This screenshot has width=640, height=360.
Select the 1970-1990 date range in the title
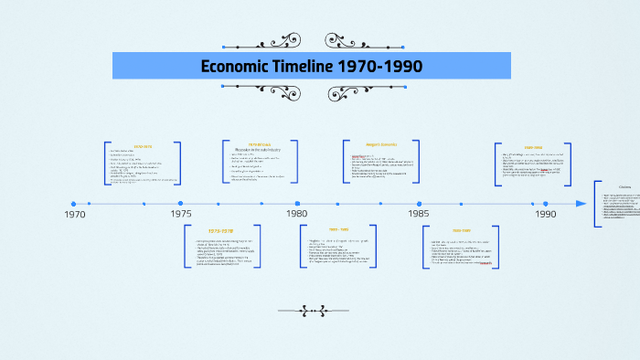tap(379, 67)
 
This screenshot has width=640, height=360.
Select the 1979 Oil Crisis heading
tap(260, 143)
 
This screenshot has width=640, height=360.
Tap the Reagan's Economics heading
tap(382, 143)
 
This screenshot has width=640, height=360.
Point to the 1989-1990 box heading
tap(535, 146)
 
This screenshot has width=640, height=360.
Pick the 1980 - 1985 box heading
tap(339, 229)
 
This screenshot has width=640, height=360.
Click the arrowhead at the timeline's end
tap(581, 204)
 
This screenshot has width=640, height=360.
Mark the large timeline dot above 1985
tap(420, 204)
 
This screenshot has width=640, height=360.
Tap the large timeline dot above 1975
tap(181, 204)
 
